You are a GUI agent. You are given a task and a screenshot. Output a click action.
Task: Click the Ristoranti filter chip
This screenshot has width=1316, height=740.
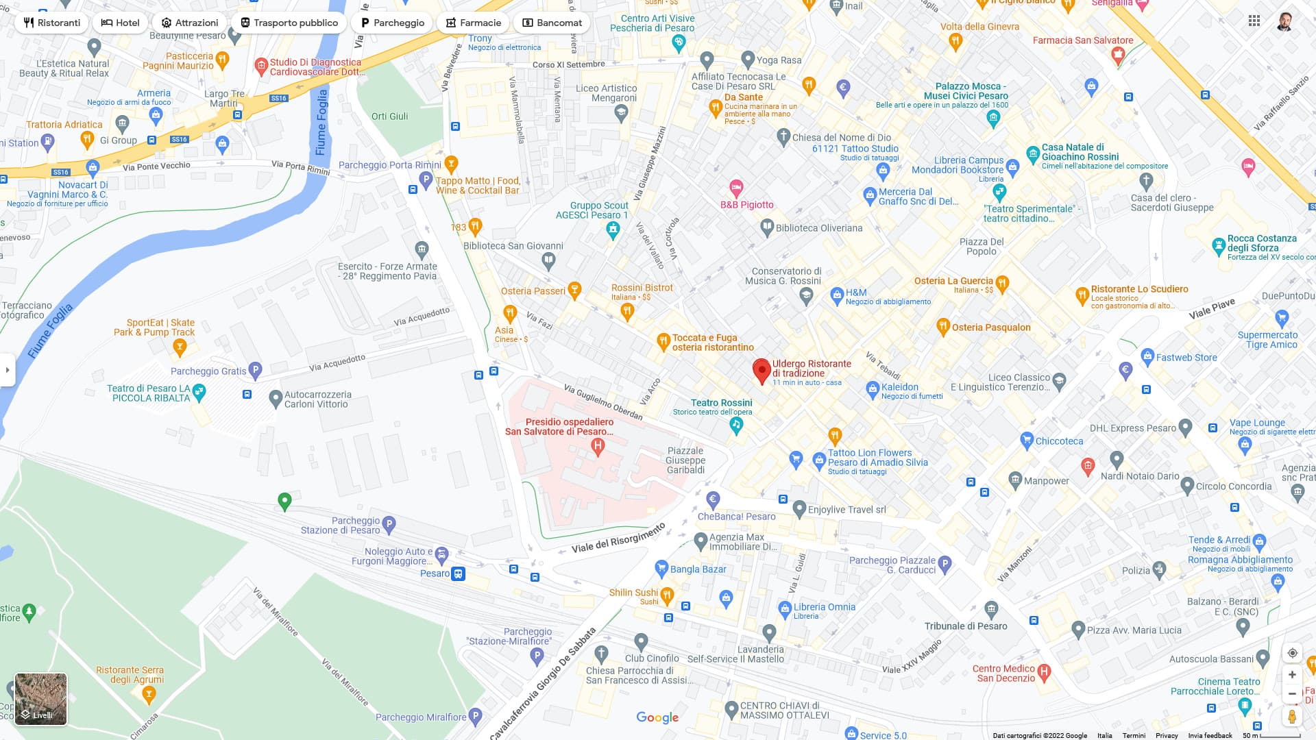(x=51, y=23)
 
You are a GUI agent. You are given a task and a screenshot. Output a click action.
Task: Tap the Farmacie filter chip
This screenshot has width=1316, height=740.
(x=473, y=23)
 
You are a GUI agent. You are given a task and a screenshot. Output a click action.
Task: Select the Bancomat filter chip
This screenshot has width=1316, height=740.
(x=552, y=23)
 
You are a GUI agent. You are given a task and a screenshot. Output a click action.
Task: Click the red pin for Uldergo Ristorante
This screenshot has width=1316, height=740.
(x=761, y=369)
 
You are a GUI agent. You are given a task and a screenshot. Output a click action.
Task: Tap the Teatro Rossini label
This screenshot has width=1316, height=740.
(x=721, y=403)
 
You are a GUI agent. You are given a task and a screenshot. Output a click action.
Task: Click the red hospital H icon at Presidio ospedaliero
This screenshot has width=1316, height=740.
(x=598, y=447)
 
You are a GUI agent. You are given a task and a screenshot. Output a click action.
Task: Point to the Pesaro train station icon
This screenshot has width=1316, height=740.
(x=459, y=573)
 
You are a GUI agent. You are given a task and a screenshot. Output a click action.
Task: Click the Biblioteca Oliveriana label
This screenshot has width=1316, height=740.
(x=818, y=228)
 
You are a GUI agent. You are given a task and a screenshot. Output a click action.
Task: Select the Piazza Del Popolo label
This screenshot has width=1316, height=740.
(x=982, y=247)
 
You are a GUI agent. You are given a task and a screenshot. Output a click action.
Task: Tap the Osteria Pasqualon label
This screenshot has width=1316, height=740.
(x=990, y=328)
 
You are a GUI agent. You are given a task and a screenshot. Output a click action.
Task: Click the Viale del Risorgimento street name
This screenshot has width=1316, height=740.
(x=618, y=539)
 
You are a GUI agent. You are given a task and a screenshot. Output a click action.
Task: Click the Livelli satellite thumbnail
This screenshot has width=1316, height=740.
(x=41, y=699)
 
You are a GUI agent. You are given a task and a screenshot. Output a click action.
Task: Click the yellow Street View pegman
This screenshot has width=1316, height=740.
(x=1292, y=717)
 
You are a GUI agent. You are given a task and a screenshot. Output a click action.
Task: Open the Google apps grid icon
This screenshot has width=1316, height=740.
(x=1254, y=21)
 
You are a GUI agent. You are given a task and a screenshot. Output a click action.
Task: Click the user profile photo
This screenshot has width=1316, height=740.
(x=1285, y=21)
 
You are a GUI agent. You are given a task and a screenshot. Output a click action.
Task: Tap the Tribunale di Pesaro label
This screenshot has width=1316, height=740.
(x=966, y=626)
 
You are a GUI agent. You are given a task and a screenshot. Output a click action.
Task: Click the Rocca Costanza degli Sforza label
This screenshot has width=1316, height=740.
(x=1261, y=243)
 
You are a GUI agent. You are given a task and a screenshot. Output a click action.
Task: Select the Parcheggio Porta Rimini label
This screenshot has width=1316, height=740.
(x=389, y=165)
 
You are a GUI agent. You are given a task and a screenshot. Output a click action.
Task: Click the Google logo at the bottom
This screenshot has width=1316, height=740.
(x=657, y=717)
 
